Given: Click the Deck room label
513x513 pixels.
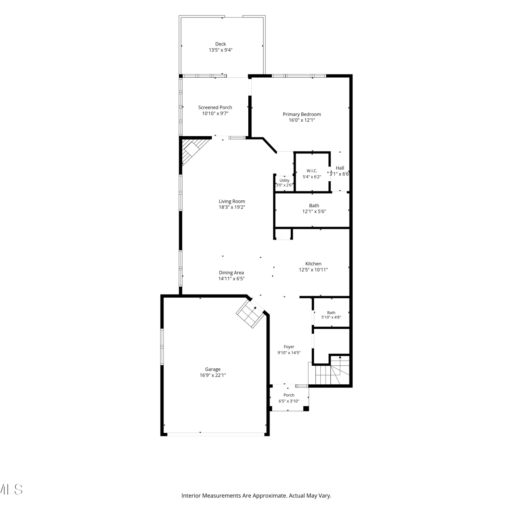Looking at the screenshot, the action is coord(221,44).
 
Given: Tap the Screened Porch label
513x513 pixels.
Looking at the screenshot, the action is coord(215,107).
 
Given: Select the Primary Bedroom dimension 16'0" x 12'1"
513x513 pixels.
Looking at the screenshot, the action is coord(302,120).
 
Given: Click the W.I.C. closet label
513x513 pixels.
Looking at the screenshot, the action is coord(312,171).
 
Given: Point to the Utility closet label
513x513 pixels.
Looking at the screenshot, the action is coord(285,181).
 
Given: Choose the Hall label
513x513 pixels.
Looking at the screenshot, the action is coord(340,168).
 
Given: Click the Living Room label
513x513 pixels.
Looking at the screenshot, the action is coord(232,201).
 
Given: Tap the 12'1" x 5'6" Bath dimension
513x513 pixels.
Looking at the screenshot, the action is coord(314,211).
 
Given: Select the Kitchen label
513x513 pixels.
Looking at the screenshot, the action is coord(313,264).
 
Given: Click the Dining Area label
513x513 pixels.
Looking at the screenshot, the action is coord(232,273).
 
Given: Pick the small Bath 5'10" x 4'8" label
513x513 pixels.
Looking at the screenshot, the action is coord(331,315).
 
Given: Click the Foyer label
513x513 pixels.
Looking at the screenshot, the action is coord(289,347).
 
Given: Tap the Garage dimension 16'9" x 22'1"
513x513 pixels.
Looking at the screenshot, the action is coord(213,375).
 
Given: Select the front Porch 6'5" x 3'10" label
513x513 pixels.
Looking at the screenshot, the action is coord(289,398).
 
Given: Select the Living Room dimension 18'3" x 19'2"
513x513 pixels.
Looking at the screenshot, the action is coord(232,207).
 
